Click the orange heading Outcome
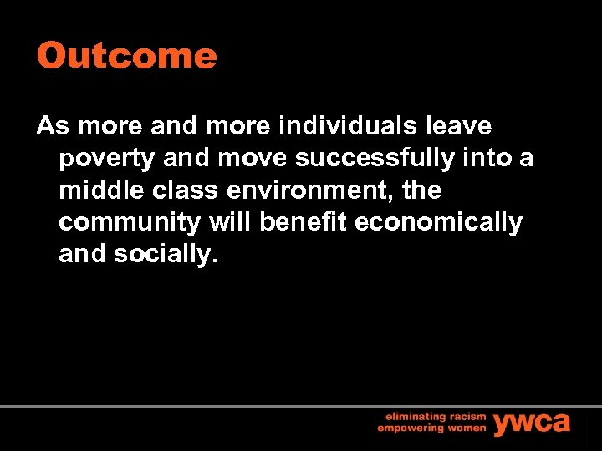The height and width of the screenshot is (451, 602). click(126, 57)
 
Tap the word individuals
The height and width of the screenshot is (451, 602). click(350, 126)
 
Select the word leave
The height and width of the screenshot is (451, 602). click(459, 126)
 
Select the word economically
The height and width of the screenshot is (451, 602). click(434, 223)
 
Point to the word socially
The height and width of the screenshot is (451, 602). click(166, 255)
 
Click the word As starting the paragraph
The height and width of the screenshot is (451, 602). click(51, 126)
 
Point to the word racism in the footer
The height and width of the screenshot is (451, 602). click(467, 415)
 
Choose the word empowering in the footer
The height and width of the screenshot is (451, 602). click(410, 428)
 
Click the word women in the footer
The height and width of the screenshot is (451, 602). click(465, 428)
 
